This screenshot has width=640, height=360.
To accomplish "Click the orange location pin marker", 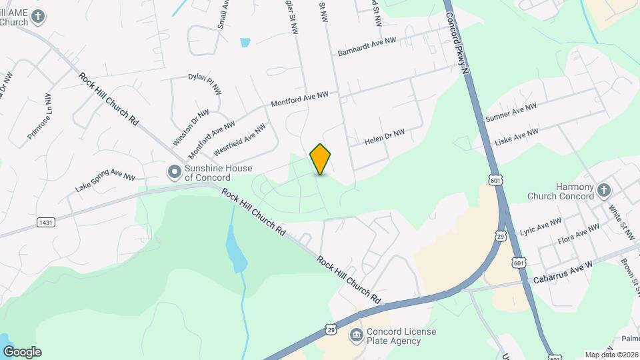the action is click(321, 159).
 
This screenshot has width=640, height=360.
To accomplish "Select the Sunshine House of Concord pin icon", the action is click(175, 173).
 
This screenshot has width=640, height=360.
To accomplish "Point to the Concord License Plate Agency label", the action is click(394, 337).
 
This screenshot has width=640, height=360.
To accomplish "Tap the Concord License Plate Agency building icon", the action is click(356, 334).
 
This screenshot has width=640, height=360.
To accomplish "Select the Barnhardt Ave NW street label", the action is click(367, 46).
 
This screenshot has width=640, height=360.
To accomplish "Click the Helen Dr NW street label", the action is click(385, 137).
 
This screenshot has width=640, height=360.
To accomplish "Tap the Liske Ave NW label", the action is click(516, 138).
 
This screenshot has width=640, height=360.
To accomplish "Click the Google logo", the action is click(22, 352).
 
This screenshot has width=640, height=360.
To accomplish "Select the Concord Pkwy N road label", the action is click(459, 40).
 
